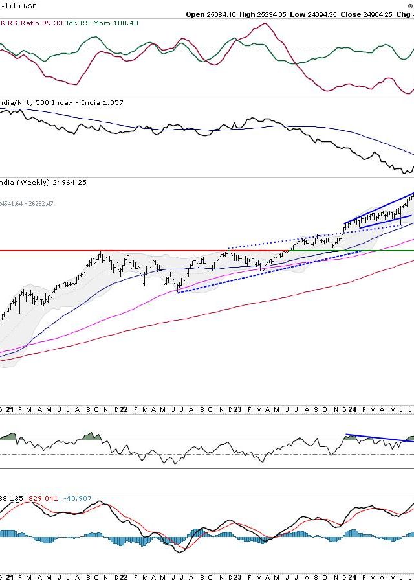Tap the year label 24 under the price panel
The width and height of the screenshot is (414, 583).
(352, 409)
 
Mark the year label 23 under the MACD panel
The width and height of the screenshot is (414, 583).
(237, 576)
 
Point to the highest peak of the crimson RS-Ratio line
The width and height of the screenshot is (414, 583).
(263, 24)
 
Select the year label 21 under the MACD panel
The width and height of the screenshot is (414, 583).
(9, 576)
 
